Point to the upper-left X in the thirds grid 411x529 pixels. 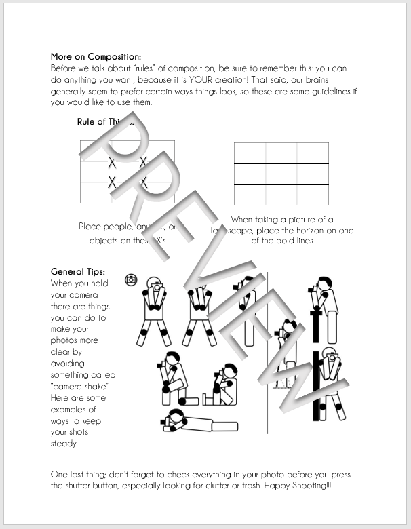click(x=112, y=163)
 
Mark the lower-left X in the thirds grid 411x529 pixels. click(x=112, y=182)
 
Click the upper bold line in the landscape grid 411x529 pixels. click(x=281, y=164)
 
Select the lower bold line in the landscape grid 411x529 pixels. click(x=281, y=184)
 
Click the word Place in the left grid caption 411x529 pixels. click(x=91, y=227)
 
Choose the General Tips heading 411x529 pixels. click(x=78, y=272)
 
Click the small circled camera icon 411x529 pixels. click(x=132, y=279)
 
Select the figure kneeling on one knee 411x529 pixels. click(x=170, y=376)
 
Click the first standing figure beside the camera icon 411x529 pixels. click(x=155, y=309)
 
